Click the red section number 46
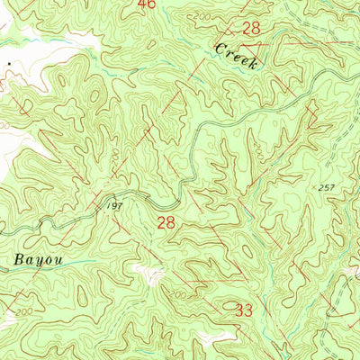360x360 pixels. (x=147, y=4)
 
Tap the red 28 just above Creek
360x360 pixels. (x=251, y=29)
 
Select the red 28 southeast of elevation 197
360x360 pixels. (x=166, y=221)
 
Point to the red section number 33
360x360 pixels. (x=244, y=310)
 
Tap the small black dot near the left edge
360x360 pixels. (x=10, y=64)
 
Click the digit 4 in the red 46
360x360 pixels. (x=142, y=4)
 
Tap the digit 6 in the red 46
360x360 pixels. (x=151, y=4)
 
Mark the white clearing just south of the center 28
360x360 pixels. (x=144, y=270)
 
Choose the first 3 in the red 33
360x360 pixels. (x=239, y=310)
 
